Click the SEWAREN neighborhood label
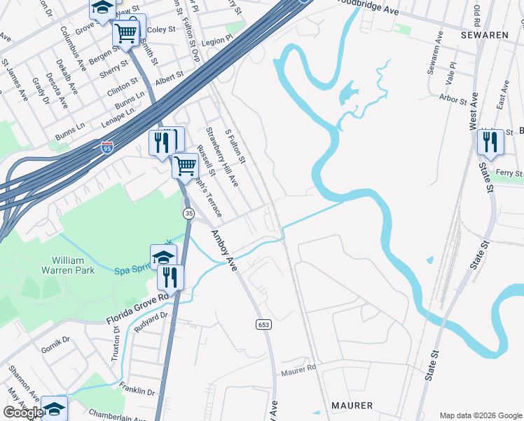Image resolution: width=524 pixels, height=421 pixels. coord(483,34)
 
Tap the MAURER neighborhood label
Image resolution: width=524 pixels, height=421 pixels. coord(352,406)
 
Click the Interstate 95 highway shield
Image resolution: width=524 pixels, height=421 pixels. coord(106,148)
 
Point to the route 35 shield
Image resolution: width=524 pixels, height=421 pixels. coord(188,213)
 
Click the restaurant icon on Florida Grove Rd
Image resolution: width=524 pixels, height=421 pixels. coord(170,277)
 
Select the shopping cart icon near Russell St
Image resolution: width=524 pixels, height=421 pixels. coord(185,166)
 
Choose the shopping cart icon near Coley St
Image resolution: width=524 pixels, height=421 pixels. coord(126,32)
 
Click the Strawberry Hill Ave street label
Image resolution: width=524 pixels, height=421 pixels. coord(221,156)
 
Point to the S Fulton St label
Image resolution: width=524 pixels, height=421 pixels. coord(235,147)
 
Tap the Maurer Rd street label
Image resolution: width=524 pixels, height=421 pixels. coord(299,369)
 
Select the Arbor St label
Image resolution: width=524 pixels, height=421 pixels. coord(453,100)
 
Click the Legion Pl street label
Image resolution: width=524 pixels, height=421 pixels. coord(216,42)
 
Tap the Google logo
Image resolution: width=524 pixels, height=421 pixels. coord(23,413)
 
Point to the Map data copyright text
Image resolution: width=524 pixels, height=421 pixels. coord(480,415)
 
